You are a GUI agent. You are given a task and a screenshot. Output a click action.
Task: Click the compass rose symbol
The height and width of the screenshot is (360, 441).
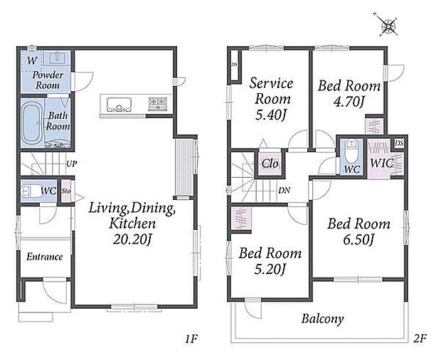[388, 26]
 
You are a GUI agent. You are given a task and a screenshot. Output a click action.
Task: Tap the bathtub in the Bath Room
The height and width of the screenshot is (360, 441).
[31, 122]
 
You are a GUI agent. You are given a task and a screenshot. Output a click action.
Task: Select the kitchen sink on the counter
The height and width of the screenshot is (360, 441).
[119, 105]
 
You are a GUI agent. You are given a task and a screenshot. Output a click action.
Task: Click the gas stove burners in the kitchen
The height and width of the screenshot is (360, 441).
[158, 103]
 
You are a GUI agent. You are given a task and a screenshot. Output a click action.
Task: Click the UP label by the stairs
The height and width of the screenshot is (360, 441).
[71, 164]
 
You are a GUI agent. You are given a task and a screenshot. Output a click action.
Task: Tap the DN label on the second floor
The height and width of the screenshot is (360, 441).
[284, 191]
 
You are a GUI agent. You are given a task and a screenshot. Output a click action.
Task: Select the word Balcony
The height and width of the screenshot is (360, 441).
[323, 319]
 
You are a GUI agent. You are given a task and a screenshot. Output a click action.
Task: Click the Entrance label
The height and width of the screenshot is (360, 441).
[44, 257]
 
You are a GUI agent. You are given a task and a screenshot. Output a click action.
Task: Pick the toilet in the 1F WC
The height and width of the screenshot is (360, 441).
[31, 191]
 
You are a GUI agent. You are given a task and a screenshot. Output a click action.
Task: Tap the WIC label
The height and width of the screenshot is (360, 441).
[382, 163]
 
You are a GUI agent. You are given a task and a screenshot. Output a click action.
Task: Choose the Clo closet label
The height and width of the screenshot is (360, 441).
[270, 164]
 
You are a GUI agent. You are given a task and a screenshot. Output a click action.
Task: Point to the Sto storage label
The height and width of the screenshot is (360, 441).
[66, 191]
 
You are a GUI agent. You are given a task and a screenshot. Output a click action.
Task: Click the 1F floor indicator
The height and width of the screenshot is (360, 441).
[191, 339]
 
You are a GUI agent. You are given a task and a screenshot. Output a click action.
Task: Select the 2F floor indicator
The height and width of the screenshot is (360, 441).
[420, 338]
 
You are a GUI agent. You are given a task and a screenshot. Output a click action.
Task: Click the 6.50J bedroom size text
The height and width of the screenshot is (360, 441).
[358, 240]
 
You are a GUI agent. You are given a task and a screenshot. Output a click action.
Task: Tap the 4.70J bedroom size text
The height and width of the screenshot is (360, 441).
[349, 102]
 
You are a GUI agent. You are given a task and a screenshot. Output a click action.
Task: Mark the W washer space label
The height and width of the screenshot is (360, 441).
[32, 60]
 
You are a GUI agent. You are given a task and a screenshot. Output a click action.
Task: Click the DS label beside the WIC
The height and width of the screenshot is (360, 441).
[398, 144]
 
